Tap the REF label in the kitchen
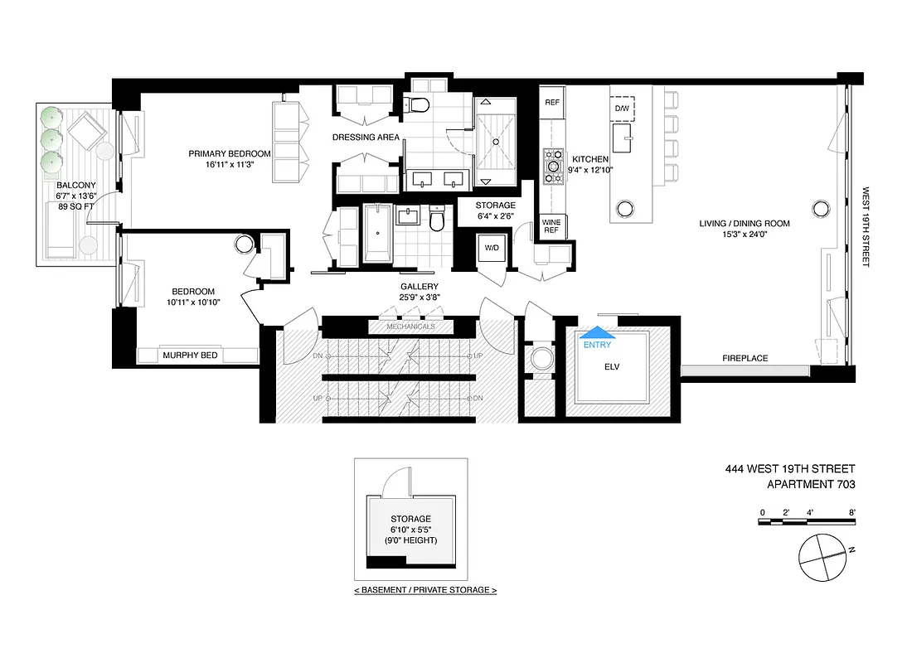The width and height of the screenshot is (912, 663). pyautogui.click(x=552, y=103)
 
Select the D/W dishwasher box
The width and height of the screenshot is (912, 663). pyautogui.click(x=622, y=109)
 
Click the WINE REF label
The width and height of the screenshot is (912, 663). pyautogui.click(x=551, y=226)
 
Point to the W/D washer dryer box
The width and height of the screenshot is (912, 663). pyautogui.click(x=492, y=247)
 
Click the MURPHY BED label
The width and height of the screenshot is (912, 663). pyautogui.click(x=190, y=356)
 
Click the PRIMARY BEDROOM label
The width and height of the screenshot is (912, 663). pyautogui.click(x=230, y=154)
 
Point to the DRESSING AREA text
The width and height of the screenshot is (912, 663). pyautogui.click(x=366, y=138)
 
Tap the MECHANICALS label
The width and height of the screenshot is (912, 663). pyautogui.click(x=410, y=327)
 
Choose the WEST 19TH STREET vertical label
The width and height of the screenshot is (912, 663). pyautogui.click(x=865, y=215)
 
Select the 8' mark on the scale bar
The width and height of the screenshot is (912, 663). pyautogui.click(x=851, y=512)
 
